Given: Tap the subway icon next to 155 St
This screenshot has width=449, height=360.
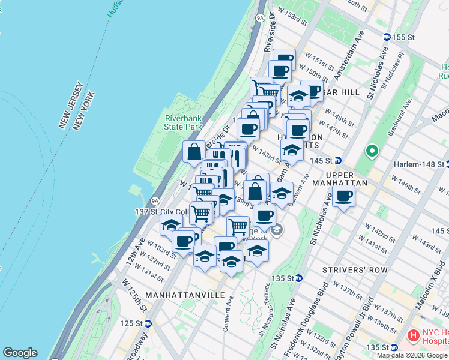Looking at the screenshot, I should coord(387,37).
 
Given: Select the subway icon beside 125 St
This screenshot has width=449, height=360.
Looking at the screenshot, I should coord(148,323).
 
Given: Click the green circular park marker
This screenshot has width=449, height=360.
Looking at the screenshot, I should coord(372,151).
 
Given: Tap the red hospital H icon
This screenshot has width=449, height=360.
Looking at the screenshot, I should coord(413,334).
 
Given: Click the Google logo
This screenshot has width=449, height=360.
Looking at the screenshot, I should coord(20,353).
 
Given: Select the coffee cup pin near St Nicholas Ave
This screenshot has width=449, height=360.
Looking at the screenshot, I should coord(343,196).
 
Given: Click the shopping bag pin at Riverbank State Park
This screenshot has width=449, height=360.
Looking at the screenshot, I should coord(194,152).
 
